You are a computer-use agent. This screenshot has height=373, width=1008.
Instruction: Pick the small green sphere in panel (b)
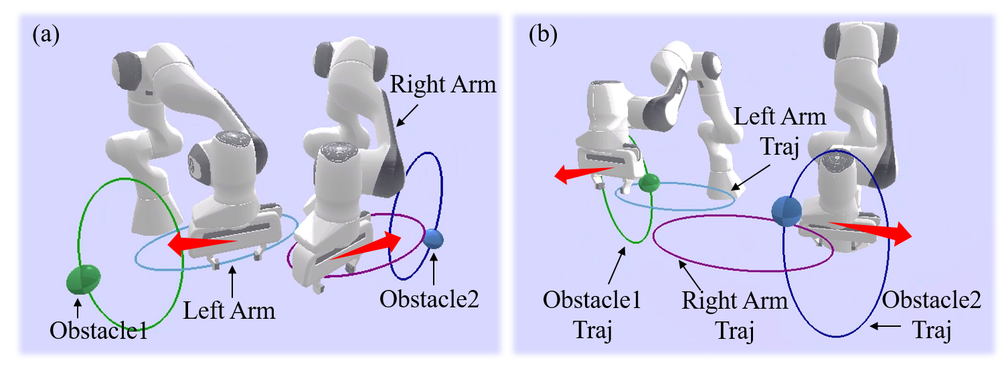click(649, 183)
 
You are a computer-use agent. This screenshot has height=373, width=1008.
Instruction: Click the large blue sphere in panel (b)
click(786, 211)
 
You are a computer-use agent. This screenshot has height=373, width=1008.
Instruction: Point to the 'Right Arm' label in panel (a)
click(442, 86)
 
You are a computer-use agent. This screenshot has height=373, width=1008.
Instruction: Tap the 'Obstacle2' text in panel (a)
click(430, 299)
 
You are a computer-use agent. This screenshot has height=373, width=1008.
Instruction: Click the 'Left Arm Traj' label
click(779, 131)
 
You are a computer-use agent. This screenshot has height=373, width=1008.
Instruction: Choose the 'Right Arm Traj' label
click(735, 313)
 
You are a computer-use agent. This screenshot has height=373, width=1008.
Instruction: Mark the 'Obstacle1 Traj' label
click(592, 313)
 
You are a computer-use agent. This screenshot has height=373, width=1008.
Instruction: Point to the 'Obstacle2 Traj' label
click(932, 313)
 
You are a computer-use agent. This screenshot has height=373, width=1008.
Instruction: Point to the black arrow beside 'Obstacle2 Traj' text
click(886, 325)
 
